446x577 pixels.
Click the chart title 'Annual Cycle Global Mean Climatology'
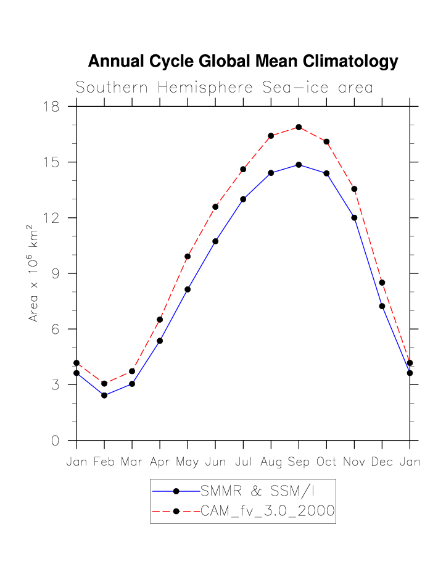tap(243, 62)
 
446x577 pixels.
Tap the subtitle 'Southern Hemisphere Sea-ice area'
tap(225, 88)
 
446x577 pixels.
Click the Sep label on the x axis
tap(299, 462)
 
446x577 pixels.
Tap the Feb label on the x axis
tap(104, 462)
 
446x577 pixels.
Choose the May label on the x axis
tap(188, 462)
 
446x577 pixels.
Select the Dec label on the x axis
tap(382, 462)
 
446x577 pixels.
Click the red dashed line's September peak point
tap(299, 127)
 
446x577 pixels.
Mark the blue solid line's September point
tap(299, 165)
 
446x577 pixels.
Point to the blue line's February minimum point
tap(104, 395)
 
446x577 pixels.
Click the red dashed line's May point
tap(188, 257)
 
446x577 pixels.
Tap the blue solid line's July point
tap(243, 199)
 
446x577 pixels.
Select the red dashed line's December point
tap(382, 283)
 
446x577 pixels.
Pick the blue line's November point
tap(354, 218)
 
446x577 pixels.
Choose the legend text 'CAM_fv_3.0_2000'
tap(268, 511)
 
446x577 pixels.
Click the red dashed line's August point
tap(271, 136)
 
